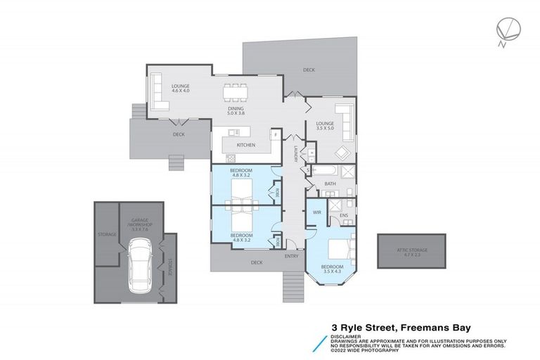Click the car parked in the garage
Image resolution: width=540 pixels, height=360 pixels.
click(139, 266)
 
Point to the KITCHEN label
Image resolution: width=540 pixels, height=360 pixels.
click(245, 146)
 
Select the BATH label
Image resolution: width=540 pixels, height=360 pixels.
click(330, 185)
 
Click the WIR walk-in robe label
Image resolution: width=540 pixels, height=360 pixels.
click(316, 211)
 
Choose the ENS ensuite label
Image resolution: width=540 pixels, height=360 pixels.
click(344, 214)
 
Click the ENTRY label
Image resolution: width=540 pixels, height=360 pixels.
click(291, 256)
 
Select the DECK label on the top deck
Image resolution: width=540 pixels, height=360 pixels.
click(309, 70)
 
